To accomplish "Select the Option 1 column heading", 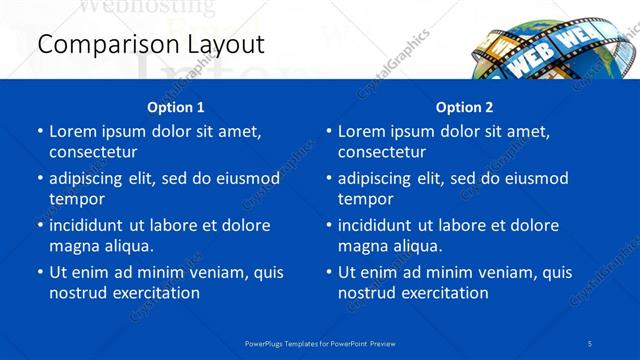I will pos(175,107).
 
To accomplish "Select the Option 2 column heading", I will pos(464,107).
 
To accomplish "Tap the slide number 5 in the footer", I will pos(590,343).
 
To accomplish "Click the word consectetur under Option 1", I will pos(93,152).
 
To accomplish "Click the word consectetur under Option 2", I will pos(382,152).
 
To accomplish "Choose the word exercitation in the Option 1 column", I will pos(155,293).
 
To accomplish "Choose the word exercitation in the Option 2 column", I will pos(444,293).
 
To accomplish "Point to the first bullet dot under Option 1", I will pos(40,131).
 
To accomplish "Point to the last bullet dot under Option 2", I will pos(329,272).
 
